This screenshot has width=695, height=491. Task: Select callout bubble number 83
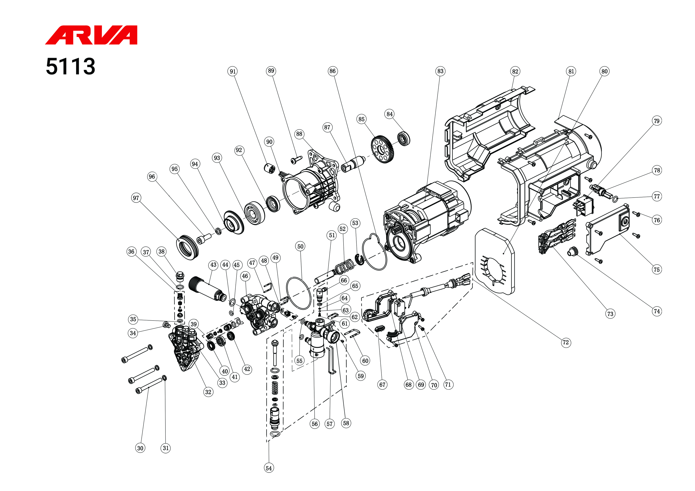pos(440,71)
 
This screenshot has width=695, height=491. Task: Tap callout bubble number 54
pos(268,468)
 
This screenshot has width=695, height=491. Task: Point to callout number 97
pos(136,198)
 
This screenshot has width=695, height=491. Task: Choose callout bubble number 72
pos(565,343)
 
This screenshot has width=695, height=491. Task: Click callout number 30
pos(140,448)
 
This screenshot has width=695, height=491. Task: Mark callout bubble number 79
pos(656,121)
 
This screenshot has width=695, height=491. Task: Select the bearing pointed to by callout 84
pos(404,139)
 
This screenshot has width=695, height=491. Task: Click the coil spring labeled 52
pos(345,266)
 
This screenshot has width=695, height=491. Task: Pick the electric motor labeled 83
pos(427,221)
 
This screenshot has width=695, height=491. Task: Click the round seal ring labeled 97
pos(188,246)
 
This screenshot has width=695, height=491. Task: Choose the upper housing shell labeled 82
pos(487,133)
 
